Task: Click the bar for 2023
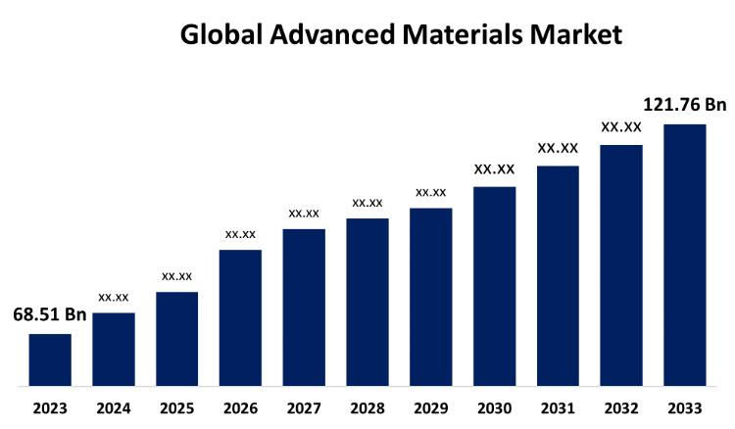point(50,359)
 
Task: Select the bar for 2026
point(240,317)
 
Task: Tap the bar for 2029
point(431,297)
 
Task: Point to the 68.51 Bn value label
point(49,315)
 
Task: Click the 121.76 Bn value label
point(685,105)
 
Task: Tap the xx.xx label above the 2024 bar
point(114,296)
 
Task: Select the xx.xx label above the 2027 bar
point(304,213)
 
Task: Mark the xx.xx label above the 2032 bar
point(621,127)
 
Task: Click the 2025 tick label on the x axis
point(176,407)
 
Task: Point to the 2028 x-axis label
point(367,407)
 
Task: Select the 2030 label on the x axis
point(494,407)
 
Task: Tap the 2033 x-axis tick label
point(685,407)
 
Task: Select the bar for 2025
point(176,339)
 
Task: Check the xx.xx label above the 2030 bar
point(494,169)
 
